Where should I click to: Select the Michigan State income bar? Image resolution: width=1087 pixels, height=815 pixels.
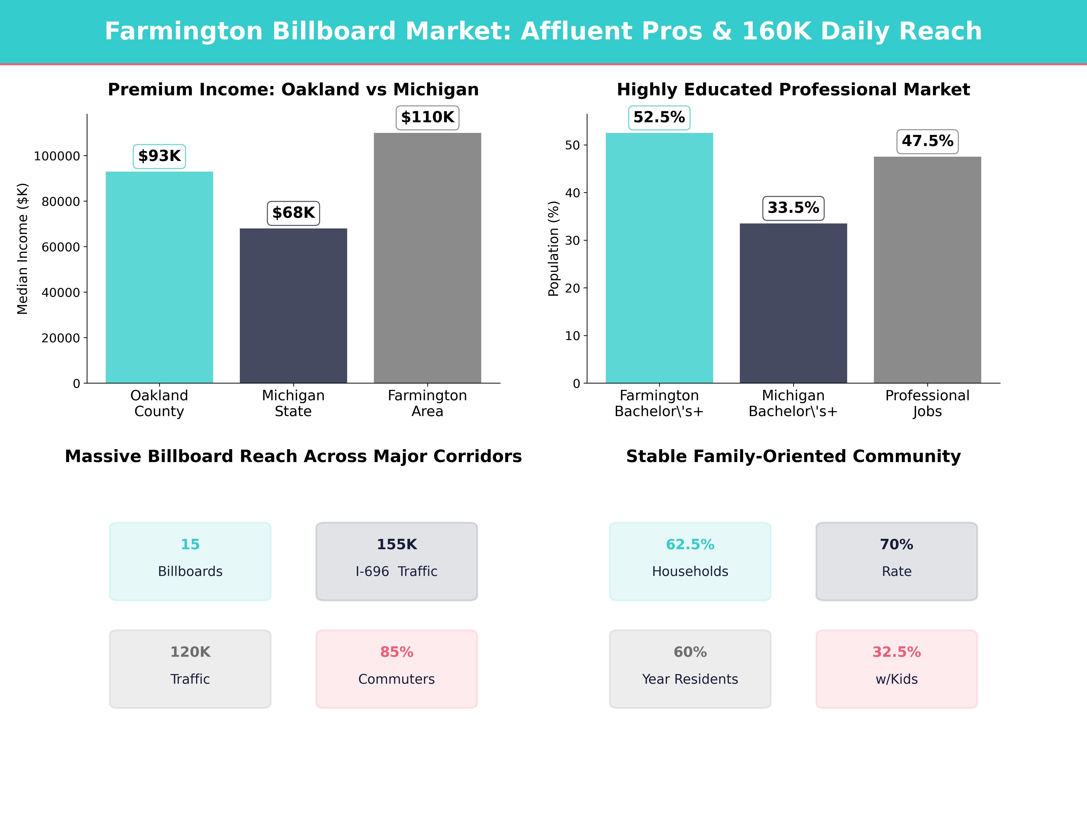pyautogui.click(x=293, y=306)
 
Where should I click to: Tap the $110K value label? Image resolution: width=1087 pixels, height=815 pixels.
pyautogui.click(x=428, y=117)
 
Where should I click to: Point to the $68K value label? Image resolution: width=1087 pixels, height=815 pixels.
pyautogui.click(x=293, y=213)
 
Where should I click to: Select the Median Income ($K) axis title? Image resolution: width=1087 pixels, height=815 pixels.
pyautogui.click(x=23, y=249)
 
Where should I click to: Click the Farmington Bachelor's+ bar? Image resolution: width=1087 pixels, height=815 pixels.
pyautogui.click(x=659, y=258)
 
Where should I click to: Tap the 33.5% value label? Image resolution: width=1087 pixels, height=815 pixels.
pyautogui.click(x=793, y=208)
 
